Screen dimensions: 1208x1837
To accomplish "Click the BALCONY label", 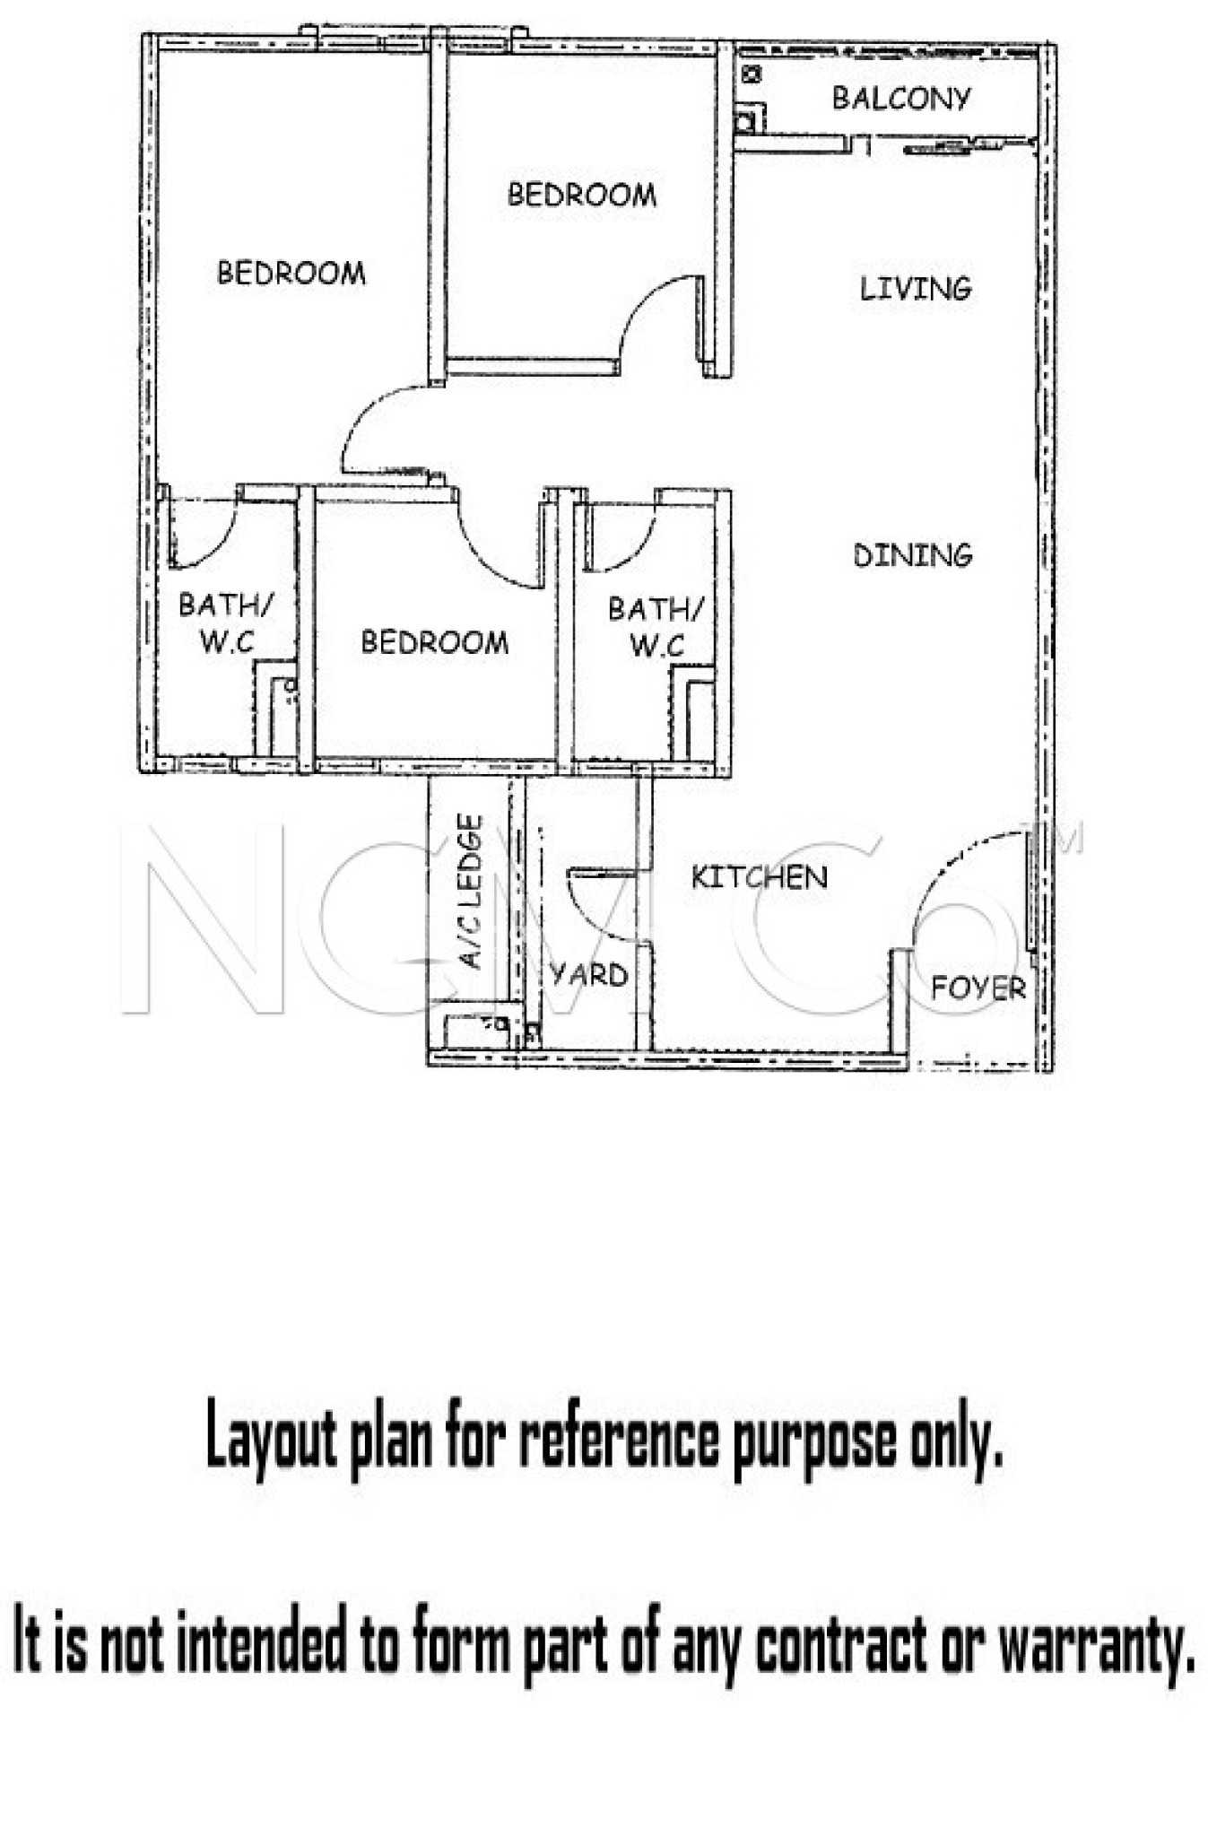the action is click(901, 98).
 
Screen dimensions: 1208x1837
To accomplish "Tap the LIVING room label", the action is click(916, 288).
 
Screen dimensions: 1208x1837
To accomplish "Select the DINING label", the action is click(913, 555).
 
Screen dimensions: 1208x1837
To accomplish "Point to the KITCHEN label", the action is click(759, 876).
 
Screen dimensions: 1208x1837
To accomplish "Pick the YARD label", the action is click(589, 974).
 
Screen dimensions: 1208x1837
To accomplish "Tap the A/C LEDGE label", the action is click(472, 892).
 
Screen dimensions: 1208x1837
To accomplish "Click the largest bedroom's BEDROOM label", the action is click(291, 273).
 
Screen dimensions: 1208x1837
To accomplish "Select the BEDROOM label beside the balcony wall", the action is click(582, 194).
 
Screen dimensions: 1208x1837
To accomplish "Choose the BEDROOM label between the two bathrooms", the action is click(434, 641).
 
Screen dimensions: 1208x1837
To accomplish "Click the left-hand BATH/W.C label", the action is click(224, 622).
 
